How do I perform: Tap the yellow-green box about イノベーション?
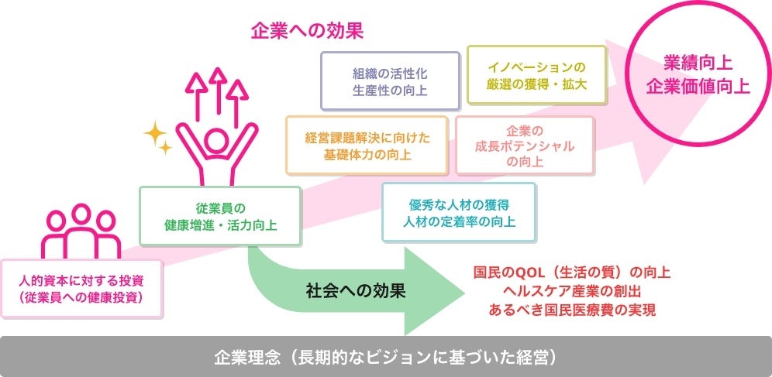[x=537, y=75]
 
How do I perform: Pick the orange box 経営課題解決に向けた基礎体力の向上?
[x=367, y=146]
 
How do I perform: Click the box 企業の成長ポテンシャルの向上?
[x=525, y=146]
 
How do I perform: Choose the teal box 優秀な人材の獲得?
[x=460, y=213]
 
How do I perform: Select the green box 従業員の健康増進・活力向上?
[x=220, y=217]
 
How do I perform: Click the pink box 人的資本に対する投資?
[x=81, y=287]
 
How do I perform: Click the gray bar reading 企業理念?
[x=385, y=357]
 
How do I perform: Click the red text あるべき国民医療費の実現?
[x=572, y=310]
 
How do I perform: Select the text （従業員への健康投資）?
[x=81, y=296]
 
